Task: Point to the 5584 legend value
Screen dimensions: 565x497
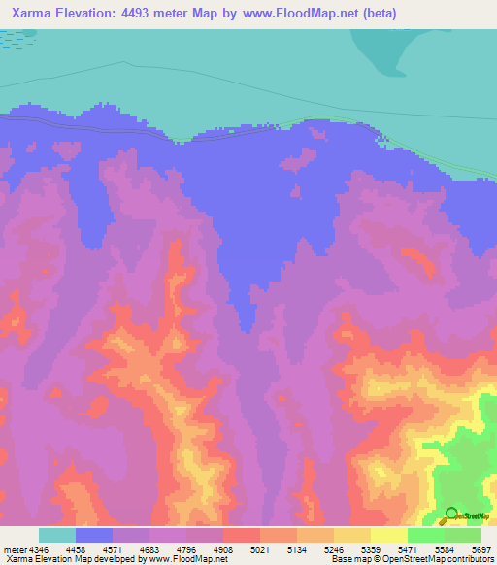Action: pos(444,548)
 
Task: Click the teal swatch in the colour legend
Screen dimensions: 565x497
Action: pos(57,535)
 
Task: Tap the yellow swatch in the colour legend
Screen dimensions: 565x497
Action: pos(388,535)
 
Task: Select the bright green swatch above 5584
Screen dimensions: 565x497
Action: pos(425,535)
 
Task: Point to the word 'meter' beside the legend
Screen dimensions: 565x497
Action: pos(16,548)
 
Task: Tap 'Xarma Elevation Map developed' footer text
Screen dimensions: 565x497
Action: pos(60,559)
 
